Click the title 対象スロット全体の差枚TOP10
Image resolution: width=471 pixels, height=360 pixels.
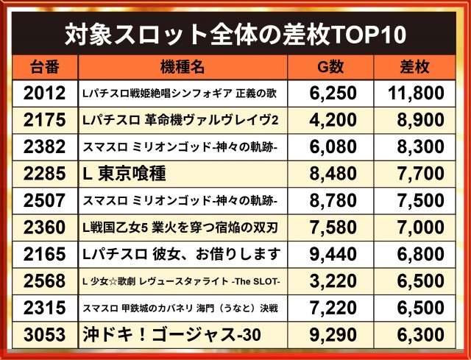click(235, 35)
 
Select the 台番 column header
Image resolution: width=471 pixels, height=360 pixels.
click(44, 67)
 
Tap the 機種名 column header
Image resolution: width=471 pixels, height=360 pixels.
click(183, 67)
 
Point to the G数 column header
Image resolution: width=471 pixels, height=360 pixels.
click(330, 67)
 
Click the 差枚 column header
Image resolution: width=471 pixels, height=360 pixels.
click(414, 67)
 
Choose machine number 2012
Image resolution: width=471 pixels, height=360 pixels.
click(44, 93)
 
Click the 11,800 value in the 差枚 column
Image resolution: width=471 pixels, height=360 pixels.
click(416, 93)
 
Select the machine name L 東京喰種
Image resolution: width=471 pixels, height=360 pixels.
click(124, 174)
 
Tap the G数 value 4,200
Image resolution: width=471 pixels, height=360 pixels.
click(333, 120)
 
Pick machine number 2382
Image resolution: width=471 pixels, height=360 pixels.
click(44, 147)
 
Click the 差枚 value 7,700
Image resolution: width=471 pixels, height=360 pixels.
click(420, 174)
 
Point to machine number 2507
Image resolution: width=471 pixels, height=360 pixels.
click(44, 200)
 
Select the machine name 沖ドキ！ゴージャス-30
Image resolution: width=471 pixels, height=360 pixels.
click(171, 334)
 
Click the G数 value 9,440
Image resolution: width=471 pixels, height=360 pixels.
click(333, 254)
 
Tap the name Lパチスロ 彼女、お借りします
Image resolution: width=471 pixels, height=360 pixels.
click(182, 254)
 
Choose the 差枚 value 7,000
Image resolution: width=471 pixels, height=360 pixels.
click(420, 227)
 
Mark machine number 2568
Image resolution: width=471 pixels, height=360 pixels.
click(44, 281)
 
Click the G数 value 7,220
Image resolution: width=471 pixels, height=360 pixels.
click(333, 308)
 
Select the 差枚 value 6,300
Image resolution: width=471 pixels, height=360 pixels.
click(420, 335)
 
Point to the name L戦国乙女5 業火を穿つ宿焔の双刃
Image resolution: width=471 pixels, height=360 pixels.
click(180, 227)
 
